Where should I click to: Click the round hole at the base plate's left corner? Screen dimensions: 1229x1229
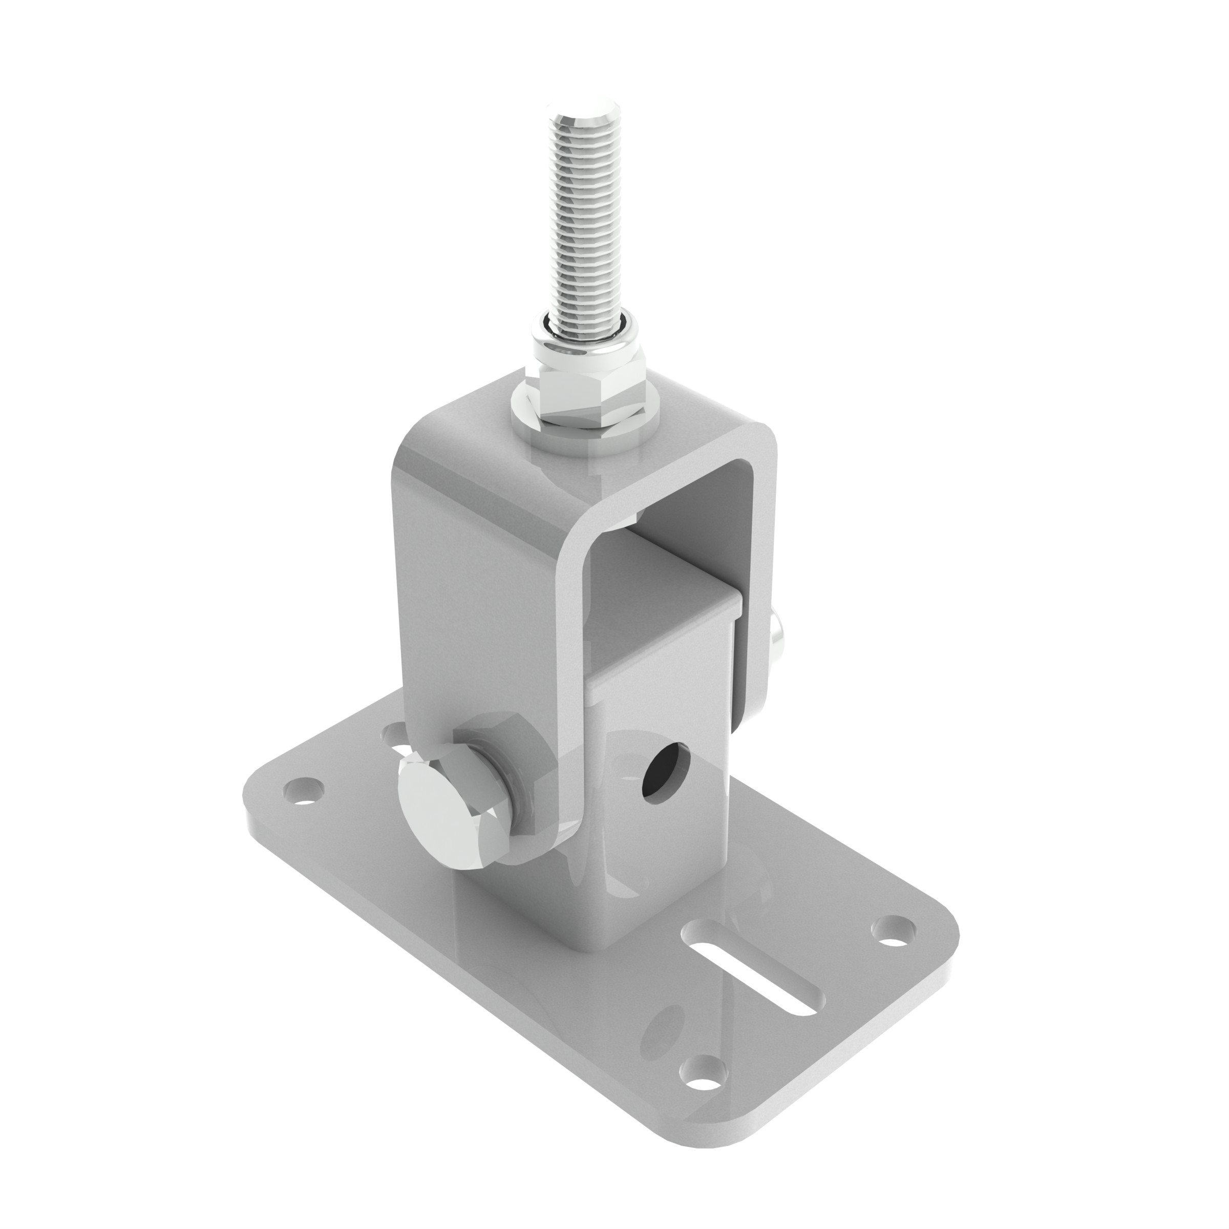tap(304, 791)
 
